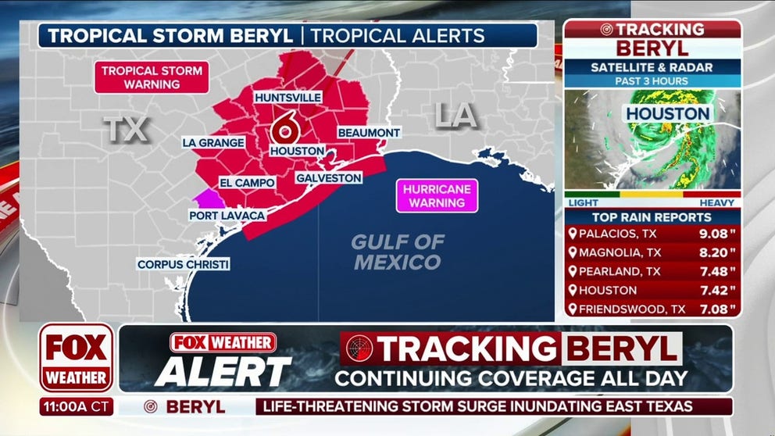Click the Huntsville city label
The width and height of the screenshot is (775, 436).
point(287,98)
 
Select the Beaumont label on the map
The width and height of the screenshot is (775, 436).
point(369,134)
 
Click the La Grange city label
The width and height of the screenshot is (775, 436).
point(213,142)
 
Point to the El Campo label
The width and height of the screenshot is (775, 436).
point(246,183)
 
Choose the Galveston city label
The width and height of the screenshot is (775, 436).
point(328,178)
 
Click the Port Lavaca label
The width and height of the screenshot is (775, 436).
point(227,215)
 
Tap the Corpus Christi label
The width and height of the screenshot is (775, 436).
point(184,265)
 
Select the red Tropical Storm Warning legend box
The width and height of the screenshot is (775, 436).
point(152,77)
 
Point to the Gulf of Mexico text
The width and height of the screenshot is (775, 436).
point(398,252)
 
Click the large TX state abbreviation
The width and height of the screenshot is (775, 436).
point(127,130)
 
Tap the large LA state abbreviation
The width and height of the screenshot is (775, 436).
point(455,116)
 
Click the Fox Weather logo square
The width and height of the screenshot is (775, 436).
point(77,357)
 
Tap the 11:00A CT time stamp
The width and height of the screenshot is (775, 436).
point(77,407)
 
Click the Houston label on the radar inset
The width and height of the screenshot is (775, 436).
point(666,113)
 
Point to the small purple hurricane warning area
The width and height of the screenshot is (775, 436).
point(207,197)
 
